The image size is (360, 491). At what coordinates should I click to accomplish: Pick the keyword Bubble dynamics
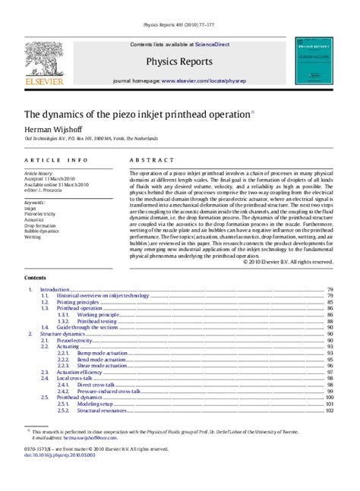(x=43, y=231)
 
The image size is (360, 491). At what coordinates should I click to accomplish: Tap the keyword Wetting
(x=33, y=237)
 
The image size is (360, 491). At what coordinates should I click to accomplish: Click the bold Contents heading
(x=36, y=279)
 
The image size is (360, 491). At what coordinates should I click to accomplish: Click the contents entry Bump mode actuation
(x=103, y=354)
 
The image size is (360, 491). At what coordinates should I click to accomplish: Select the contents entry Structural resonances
(x=103, y=411)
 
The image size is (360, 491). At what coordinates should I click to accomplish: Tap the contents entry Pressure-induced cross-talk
(x=109, y=391)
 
